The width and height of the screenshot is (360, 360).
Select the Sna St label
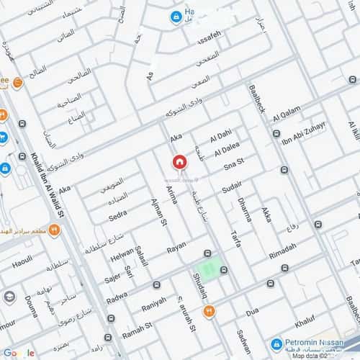(235, 166)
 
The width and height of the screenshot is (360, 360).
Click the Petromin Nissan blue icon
(276, 344)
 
